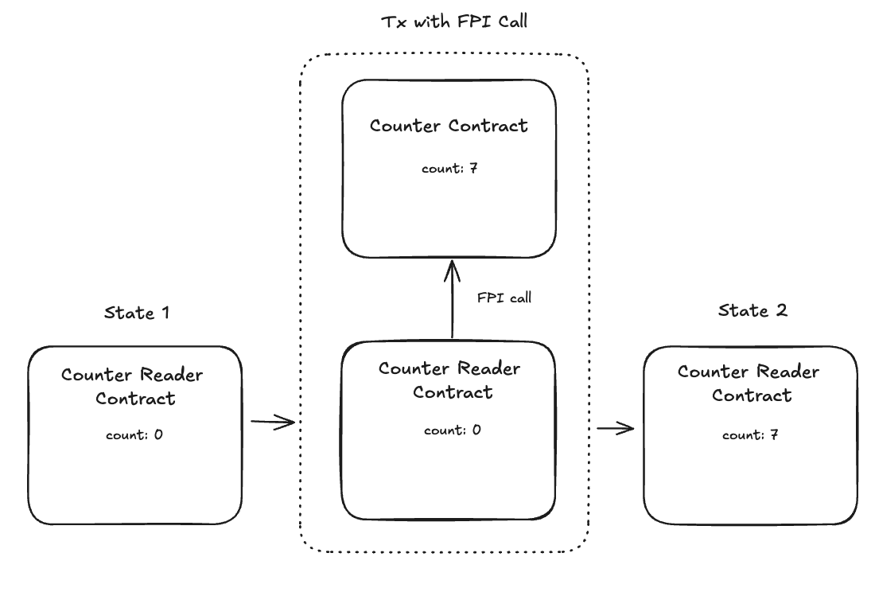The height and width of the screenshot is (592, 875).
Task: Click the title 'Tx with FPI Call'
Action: tap(454, 21)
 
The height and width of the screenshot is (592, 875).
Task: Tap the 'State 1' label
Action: tap(137, 313)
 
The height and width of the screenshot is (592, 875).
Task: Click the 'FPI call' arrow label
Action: tap(504, 298)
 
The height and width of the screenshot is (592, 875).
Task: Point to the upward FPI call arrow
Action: tap(452, 302)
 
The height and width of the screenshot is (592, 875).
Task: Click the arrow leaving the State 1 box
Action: tap(272, 423)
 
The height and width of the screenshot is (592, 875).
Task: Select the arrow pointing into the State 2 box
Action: tap(615, 429)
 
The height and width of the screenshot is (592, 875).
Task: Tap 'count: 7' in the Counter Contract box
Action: tap(449, 169)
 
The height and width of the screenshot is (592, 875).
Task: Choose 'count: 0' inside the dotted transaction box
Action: tap(452, 430)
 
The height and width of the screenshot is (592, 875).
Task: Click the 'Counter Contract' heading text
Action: tap(449, 126)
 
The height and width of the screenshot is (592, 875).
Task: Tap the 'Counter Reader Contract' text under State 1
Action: tap(132, 386)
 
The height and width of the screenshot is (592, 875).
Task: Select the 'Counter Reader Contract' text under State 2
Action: tap(749, 383)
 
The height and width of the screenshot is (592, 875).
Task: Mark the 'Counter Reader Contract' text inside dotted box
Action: tap(449, 380)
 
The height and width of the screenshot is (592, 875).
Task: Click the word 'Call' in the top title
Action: tap(509, 21)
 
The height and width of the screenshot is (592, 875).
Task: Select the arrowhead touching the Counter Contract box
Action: tap(452, 269)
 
